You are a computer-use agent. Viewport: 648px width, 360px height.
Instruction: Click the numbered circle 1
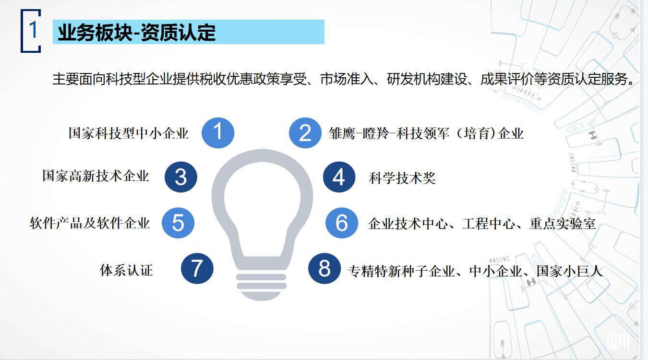point(218,133)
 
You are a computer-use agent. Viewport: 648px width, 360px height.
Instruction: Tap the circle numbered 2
point(305,133)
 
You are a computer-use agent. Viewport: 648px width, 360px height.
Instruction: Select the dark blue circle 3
point(181,177)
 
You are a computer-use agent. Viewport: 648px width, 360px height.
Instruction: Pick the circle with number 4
point(339,177)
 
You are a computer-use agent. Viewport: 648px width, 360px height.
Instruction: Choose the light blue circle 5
point(178,223)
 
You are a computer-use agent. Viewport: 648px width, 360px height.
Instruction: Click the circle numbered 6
point(342,223)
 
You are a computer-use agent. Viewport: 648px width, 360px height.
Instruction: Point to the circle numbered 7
point(197,268)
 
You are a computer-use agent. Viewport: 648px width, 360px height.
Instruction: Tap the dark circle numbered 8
point(324,268)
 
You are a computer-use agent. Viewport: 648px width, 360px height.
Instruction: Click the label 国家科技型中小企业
point(129,133)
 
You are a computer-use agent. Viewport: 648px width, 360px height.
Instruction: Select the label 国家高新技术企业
point(96,176)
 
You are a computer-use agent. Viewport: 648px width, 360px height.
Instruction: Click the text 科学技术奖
point(402,178)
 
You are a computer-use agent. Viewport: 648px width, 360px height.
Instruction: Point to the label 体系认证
point(126,270)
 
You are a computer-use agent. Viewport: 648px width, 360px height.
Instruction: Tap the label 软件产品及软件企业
point(90,223)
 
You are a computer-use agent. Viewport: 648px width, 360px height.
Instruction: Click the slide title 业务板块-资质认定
point(136,32)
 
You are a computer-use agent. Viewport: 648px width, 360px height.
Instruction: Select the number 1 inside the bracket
point(33,29)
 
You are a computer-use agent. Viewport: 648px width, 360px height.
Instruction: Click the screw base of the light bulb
point(262,287)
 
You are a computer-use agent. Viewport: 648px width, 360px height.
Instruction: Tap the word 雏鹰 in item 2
point(342,134)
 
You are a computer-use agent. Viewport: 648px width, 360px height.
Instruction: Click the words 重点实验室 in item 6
point(563,224)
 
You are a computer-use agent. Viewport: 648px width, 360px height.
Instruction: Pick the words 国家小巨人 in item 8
point(569,271)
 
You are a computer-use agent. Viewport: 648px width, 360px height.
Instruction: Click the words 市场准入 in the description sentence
point(347,79)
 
